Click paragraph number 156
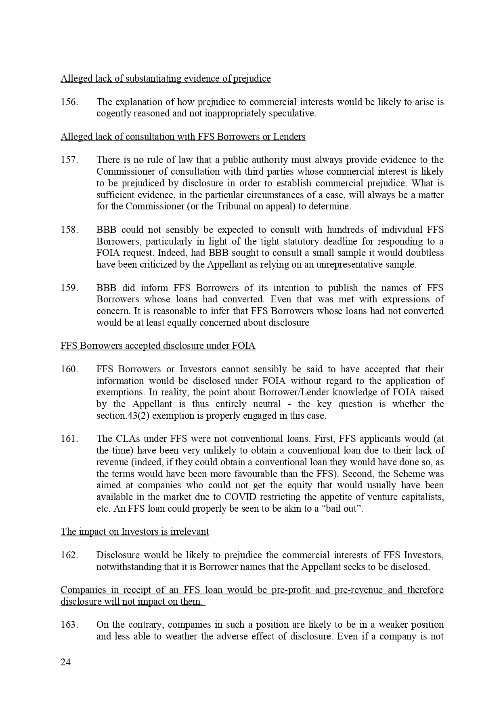pos(69,102)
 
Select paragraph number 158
pos(69,230)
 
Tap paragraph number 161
pos(69,439)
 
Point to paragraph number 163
pos(69,625)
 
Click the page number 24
pos(65,662)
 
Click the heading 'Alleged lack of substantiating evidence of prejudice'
pos(166,78)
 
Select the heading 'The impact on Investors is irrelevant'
pos(135,532)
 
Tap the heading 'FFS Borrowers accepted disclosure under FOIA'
pos(158,346)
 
